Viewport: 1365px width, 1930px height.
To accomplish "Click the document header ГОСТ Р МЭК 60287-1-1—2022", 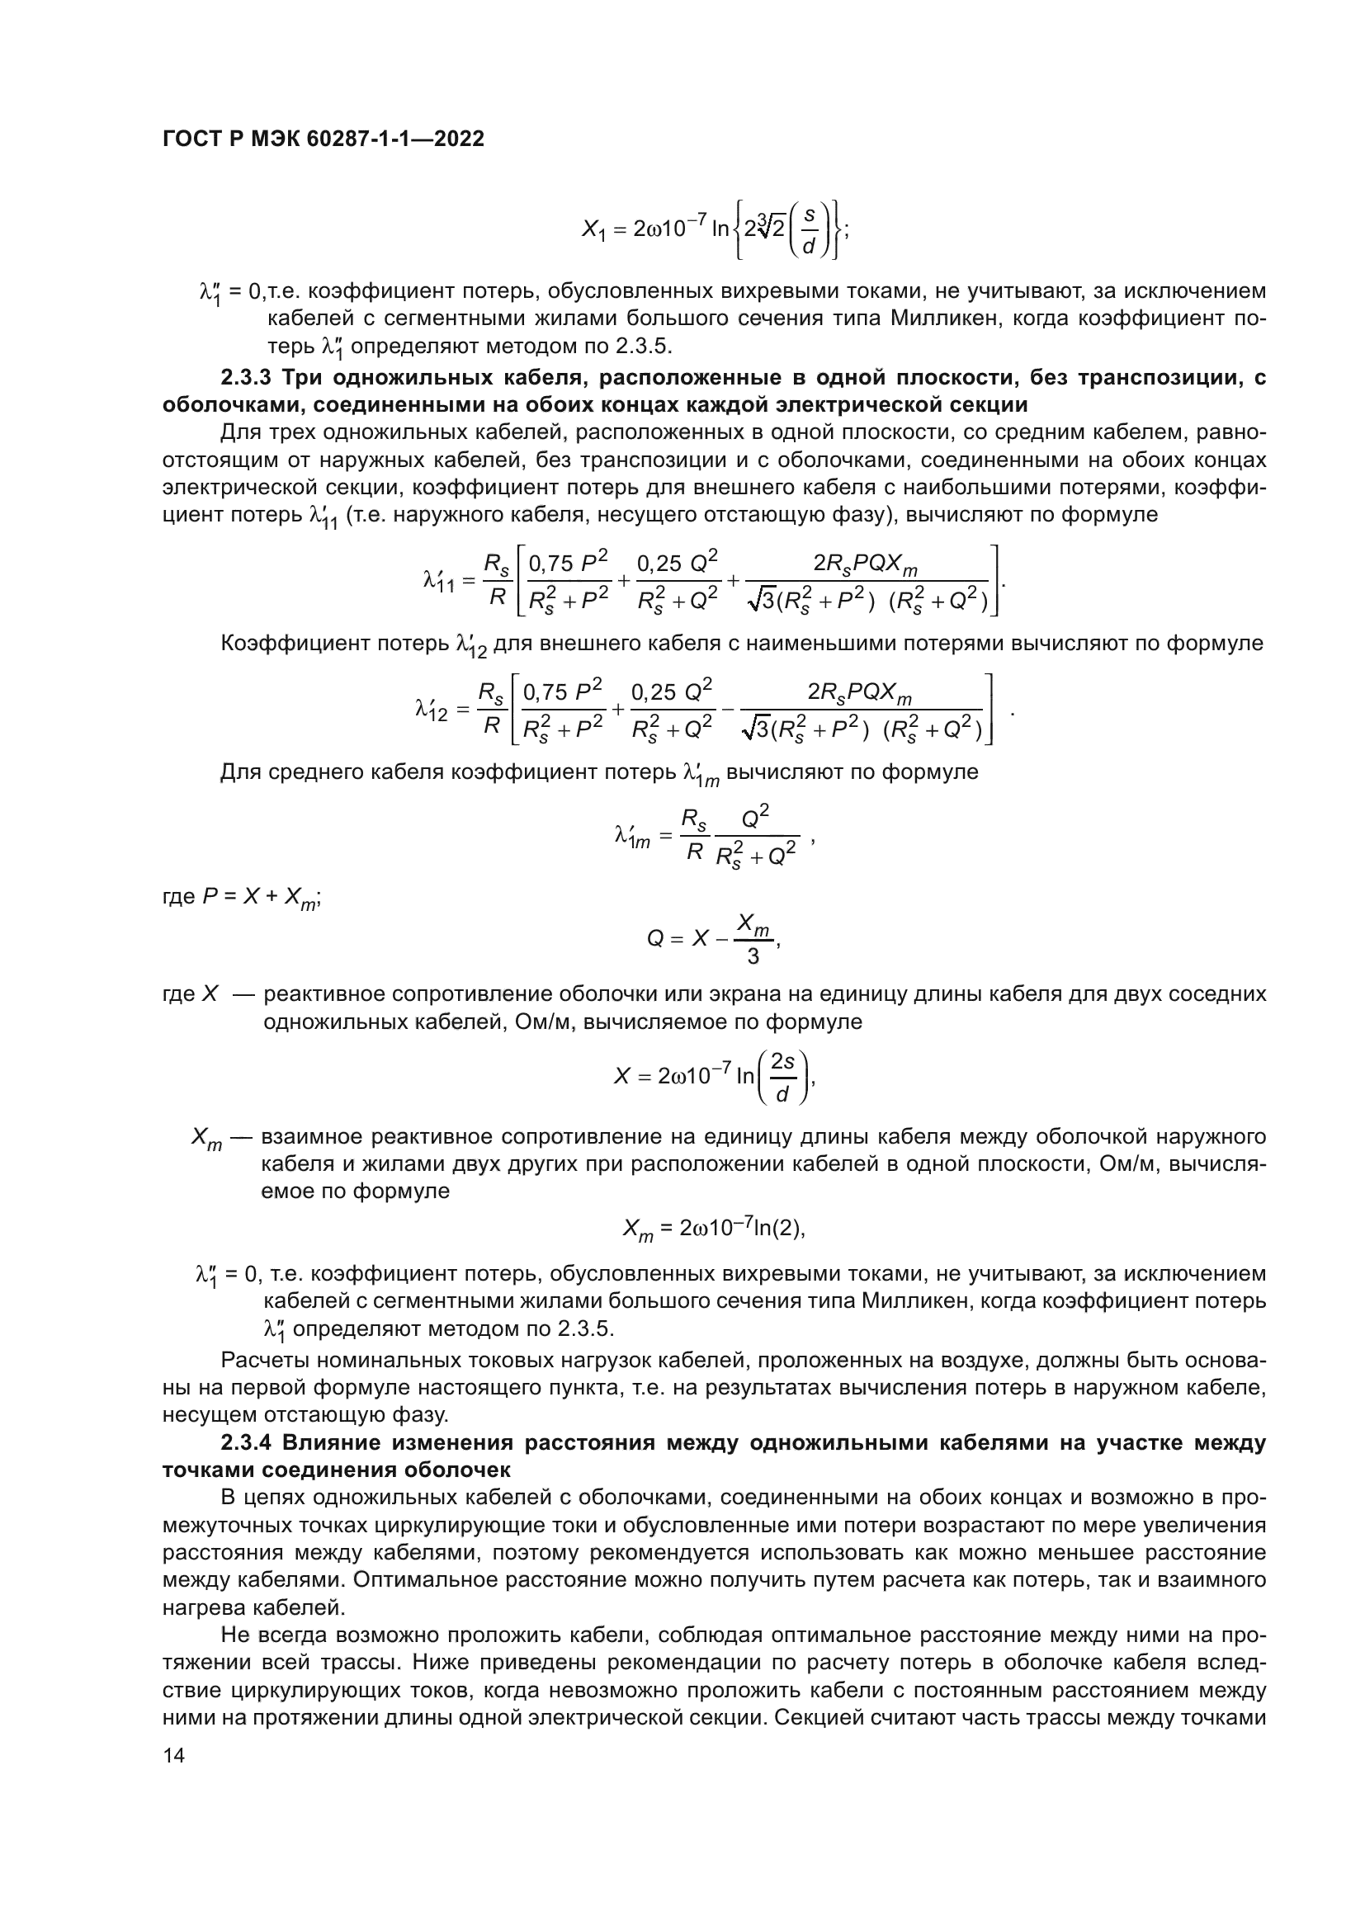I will coord(323,139).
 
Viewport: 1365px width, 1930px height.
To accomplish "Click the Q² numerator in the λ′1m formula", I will coord(756,815).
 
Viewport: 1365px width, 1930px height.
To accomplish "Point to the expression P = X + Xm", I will coord(261,897).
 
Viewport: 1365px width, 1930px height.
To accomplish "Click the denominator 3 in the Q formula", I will coord(753,956).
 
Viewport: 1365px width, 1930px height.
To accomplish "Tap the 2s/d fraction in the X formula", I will coord(782,1077).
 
